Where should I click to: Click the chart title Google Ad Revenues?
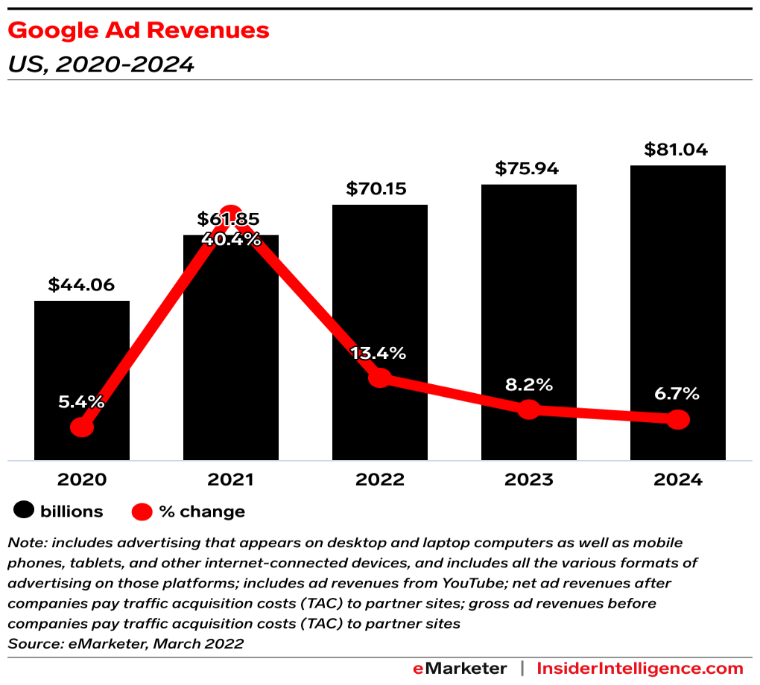(139, 31)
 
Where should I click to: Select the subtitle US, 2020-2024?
(101, 65)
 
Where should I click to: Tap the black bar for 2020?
(82, 357)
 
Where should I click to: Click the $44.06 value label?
(82, 284)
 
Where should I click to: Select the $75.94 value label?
(528, 168)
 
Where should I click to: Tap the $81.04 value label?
(678, 149)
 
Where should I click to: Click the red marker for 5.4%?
(82, 427)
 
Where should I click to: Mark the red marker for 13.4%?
(380, 377)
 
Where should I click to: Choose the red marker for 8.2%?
(528, 409)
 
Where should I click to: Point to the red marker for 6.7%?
(678, 420)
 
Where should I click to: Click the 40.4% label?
(231, 240)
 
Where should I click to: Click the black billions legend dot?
(25, 512)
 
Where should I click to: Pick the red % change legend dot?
(142, 512)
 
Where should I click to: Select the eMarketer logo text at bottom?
(460, 668)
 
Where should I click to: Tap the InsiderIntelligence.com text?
(640, 668)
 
